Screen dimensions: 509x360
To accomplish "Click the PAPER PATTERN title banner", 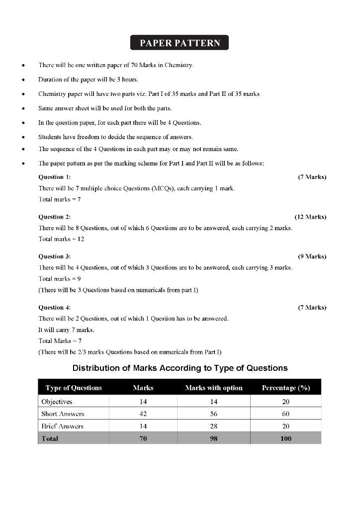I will pos(180,43).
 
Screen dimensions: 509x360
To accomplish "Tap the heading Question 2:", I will pos(54,217).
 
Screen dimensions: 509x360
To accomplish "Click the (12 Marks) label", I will pos(310,217).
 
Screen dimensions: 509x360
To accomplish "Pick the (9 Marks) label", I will pos(312,256).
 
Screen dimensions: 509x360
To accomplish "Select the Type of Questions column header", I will pos(73,388).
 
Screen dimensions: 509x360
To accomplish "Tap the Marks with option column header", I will pos(213,388).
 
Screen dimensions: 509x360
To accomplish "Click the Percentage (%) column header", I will pos(285,388).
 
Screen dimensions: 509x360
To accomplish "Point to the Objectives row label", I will pos(57,402).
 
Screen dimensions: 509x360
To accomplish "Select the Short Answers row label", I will pos(63,414).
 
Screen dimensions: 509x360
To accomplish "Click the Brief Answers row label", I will pos(62,426).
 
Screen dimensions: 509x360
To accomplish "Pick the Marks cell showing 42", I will pos(143,414).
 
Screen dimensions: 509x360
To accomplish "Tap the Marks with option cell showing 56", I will pos(213,414).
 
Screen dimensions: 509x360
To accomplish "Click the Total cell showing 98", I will pos(213,438).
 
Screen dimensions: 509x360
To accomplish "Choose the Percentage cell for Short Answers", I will pos(285,414).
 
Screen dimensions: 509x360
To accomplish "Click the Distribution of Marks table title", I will pos(180,368).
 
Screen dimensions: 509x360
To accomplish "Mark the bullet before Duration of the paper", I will pos(23,80).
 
